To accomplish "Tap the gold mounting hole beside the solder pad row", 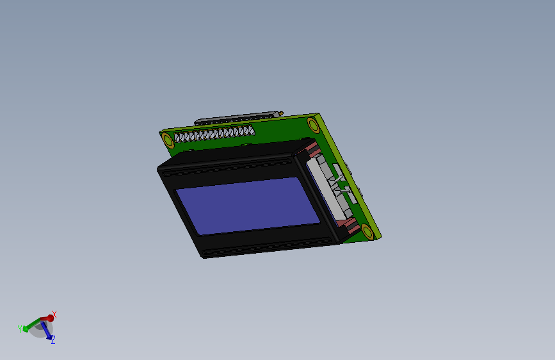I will click(x=168, y=140).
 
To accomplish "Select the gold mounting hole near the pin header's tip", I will click(x=313, y=124).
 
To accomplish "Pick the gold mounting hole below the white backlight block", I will click(x=367, y=232).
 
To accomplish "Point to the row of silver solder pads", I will click(x=214, y=135).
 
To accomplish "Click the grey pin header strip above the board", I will click(x=237, y=117).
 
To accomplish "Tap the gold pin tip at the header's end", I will click(x=282, y=113).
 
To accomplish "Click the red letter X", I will click(x=54, y=314).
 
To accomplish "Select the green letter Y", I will click(x=20, y=329).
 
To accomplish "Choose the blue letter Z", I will click(x=52, y=340).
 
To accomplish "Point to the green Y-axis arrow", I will click(x=29, y=327).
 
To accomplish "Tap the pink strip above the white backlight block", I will click(x=310, y=151).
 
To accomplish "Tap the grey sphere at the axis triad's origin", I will click(x=40, y=327).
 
